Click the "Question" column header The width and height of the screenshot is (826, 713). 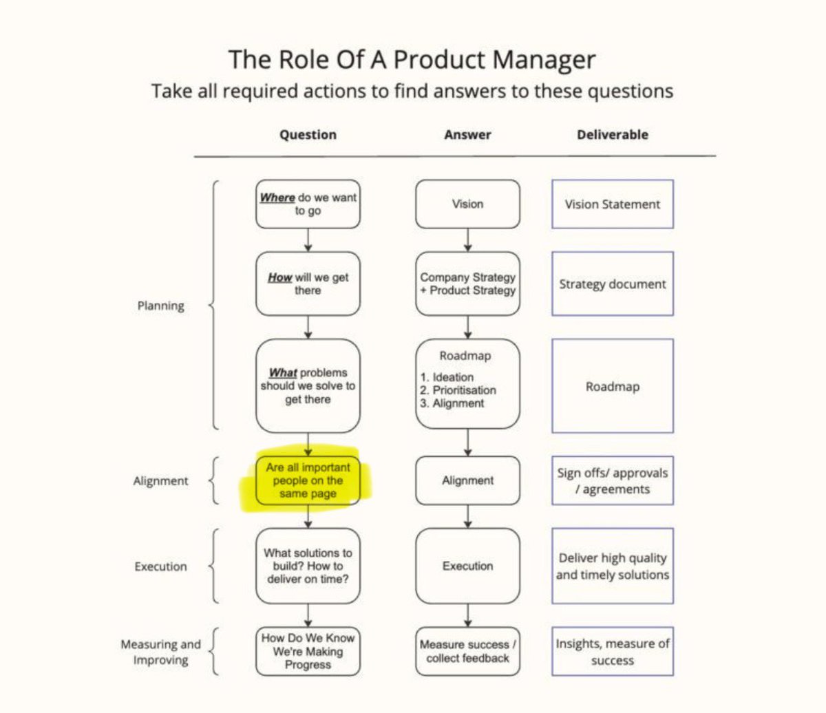point(308,135)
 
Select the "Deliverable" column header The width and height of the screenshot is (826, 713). point(612,135)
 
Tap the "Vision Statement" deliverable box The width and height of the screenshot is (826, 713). point(612,204)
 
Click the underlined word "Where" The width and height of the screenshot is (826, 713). point(277,198)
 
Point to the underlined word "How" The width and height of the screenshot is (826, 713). point(279,277)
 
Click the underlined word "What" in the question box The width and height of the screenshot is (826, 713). point(283,373)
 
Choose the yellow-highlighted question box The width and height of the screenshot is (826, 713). point(308,480)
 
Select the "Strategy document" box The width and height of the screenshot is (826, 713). point(612,284)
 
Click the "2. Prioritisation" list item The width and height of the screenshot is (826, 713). point(458,390)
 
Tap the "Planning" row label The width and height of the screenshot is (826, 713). point(160,306)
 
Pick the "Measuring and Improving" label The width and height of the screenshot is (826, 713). point(160,652)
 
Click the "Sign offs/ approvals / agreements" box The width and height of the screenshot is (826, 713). point(612,480)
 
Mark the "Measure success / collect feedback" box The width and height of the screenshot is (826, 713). point(467,651)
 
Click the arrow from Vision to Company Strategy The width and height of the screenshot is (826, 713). point(468,240)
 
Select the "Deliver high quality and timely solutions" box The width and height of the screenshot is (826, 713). point(612,566)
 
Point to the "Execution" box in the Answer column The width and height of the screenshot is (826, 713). point(467,566)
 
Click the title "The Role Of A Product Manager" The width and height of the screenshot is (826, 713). point(412,60)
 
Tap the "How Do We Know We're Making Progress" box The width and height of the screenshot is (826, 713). point(308,651)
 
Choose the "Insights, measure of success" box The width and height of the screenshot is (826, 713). point(612,651)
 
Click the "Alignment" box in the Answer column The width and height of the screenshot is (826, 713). point(467,480)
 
